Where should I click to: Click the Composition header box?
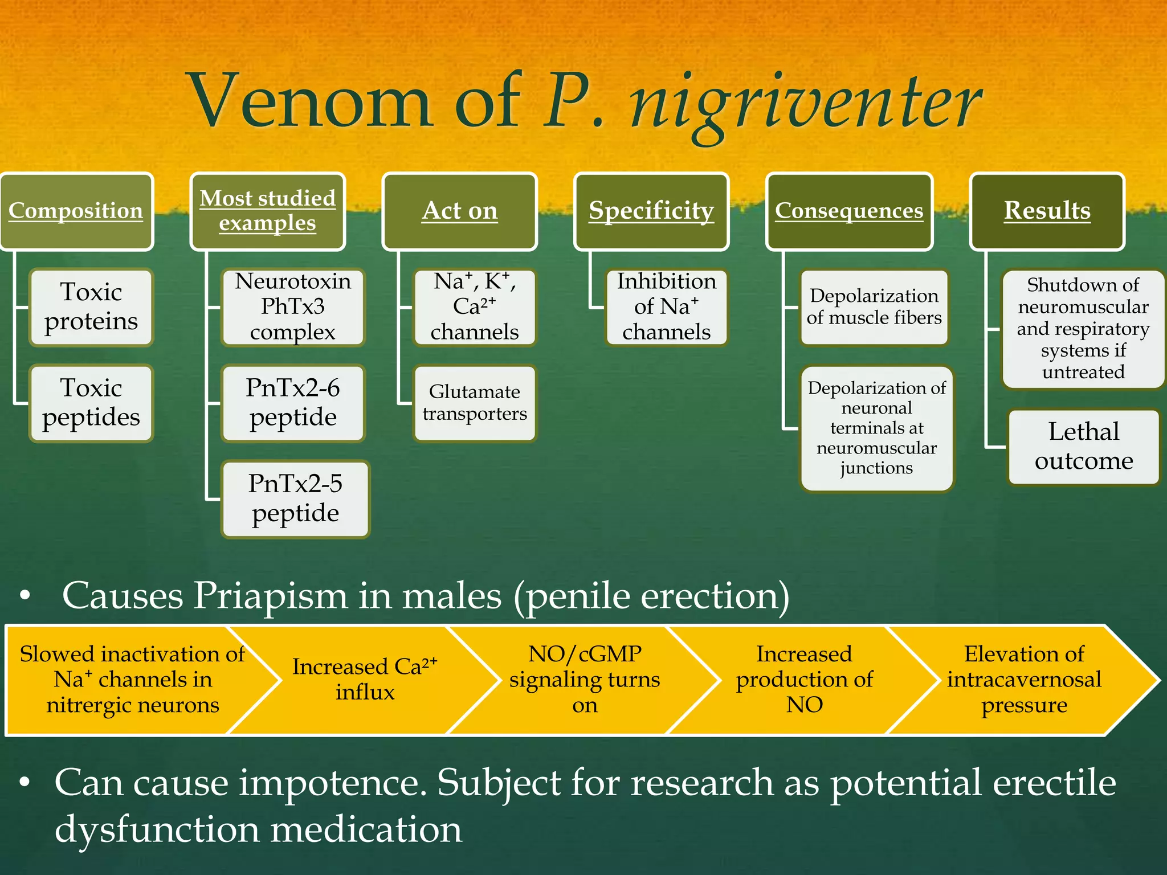pyautogui.click(x=76, y=211)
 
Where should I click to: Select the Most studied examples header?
pyautogui.click(x=268, y=211)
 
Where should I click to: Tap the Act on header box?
pyautogui.click(x=460, y=211)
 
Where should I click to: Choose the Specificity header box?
pyautogui.click(x=651, y=211)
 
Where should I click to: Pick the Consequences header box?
pyautogui.click(x=849, y=211)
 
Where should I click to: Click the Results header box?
pyautogui.click(x=1047, y=211)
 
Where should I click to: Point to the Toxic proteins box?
pyautogui.click(x=91, y=307)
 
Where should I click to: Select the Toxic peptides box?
pyautogui.click(x=91, y=403)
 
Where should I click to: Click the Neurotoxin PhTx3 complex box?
pyautogui.click(x=293, y=307)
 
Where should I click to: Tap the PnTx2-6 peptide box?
pyautogui.click(x=293, y=403)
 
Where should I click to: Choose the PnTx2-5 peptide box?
pyautogui.click(x=295, y=498)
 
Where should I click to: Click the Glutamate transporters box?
pyautogui.click(x=475, y=403)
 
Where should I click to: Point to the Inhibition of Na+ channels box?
pyautogui.click(x=666, y=307)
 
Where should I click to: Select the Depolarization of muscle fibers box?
pyautogui.click(x=874, y=307)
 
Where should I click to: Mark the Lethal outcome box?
pyautogui.click(x=1084, y=447)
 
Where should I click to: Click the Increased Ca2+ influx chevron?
pyautogui.click(x=365, y=680)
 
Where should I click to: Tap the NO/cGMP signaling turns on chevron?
pyautogui.click(x=585, y=680)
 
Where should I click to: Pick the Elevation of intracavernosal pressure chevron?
pyautogui.click(x=1024, y=680)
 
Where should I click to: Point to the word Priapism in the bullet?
pyautogui.click(x=270, y=596)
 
